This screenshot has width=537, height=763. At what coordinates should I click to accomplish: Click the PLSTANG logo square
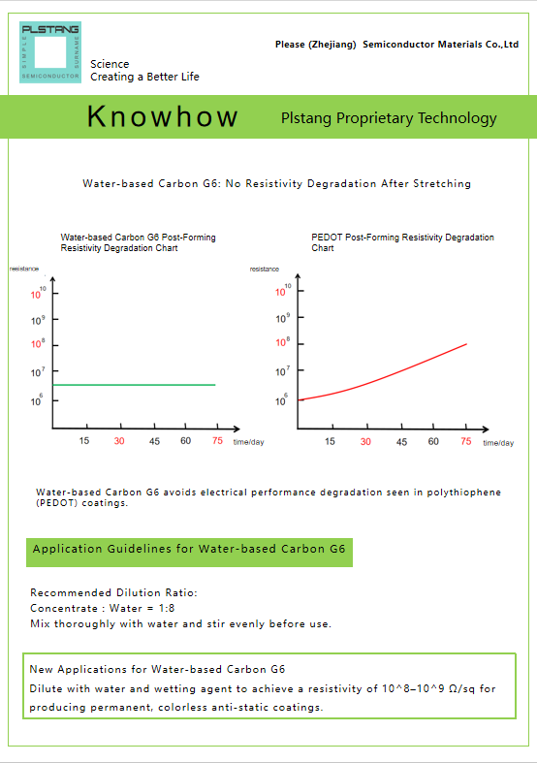click(50, 52)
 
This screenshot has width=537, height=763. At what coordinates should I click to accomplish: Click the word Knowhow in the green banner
click(163, 116)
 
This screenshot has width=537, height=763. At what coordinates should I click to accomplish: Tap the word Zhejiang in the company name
click(332, 45)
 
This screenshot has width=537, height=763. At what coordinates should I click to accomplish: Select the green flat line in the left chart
click(134, 385)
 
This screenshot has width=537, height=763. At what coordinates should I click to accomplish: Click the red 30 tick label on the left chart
click(119, 441)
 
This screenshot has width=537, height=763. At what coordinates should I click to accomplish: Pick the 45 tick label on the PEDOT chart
click(401, 442)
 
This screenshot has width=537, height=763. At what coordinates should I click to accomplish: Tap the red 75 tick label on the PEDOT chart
click(466, 441)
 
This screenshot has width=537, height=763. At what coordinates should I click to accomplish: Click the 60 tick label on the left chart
click(186, 441)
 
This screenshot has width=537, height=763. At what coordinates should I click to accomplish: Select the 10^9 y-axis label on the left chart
click(38, 320)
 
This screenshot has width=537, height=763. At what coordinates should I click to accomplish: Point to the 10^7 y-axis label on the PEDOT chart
click(283, 371)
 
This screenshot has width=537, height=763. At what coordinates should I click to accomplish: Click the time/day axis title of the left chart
click(248, 442)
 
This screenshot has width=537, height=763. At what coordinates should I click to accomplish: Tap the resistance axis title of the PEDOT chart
click(265, 270)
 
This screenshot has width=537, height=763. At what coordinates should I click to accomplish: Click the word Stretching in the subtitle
click(442, 184)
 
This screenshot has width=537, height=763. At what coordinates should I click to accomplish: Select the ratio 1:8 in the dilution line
click(167, 608)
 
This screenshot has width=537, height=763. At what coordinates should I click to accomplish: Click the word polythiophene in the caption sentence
click(464, 493)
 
